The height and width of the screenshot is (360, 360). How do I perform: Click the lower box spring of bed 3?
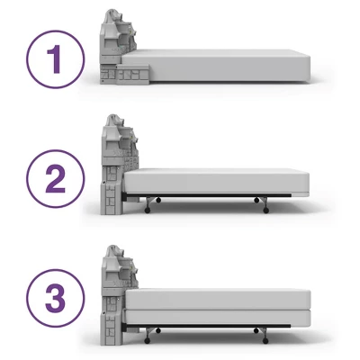(216, 318)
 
